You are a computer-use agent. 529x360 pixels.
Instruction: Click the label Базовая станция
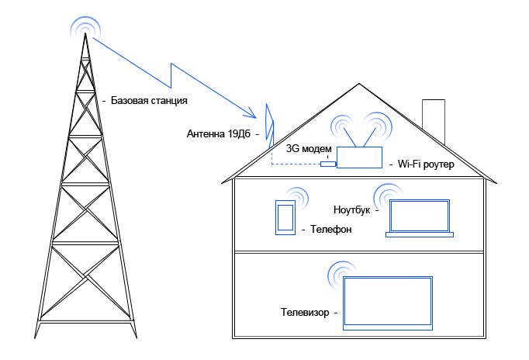(x=149, y=101)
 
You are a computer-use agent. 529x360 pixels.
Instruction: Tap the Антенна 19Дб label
(x=219, y=134)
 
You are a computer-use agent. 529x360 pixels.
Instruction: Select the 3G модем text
(x=309, y=149)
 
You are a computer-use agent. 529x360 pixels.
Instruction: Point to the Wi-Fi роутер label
(x=426, y=164)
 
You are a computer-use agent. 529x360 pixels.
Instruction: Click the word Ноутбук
(x=351, y=209)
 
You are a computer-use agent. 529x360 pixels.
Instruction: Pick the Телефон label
(x=330, y=230)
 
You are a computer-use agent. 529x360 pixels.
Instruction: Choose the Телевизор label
(x=305, y=312)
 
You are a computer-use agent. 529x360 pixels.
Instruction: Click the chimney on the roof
(x=434, y=122)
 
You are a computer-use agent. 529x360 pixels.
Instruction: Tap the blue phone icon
(x=285, y=217)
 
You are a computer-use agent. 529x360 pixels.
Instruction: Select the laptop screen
(x=420, y=216)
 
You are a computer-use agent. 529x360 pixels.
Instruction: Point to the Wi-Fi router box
(x=359, y=157)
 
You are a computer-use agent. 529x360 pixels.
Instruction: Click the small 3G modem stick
(x=328, y=164)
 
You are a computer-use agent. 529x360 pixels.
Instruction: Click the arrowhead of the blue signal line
(x=252, y=113)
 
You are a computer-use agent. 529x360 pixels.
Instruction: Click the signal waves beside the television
(x=341, y=275)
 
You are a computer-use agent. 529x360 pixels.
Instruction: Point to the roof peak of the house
(x=359, y=84)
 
